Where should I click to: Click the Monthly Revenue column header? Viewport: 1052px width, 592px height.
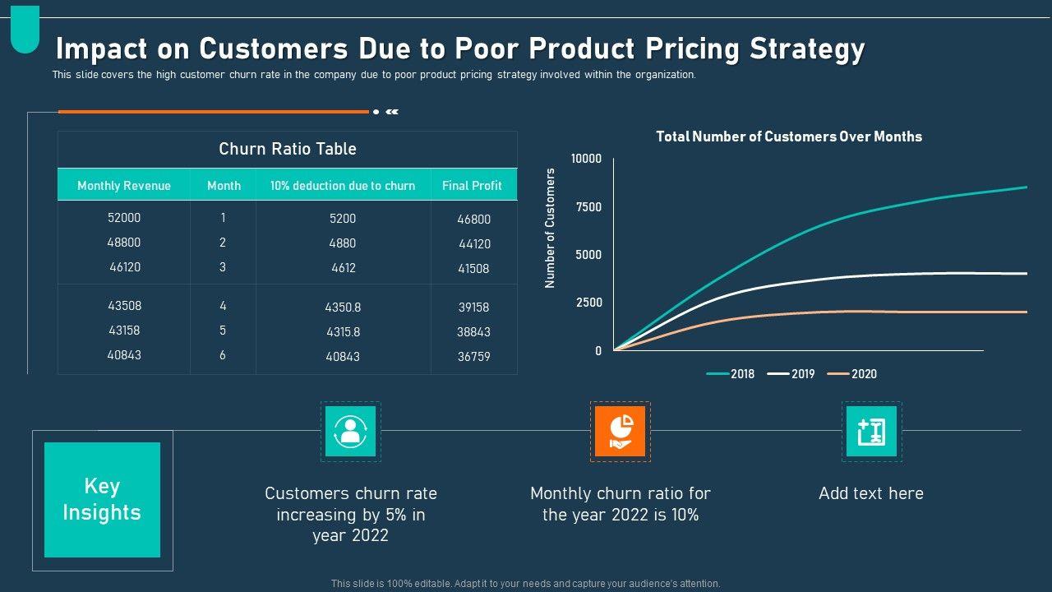pos(124,186)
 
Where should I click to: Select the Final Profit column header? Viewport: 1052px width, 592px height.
pos(472,186)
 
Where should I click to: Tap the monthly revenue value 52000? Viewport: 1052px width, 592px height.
pos(124,218)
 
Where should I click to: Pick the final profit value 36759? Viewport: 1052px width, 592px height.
pos(473,357)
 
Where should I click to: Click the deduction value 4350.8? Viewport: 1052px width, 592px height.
pos(343,308)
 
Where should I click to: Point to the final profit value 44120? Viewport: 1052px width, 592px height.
pos(473,244)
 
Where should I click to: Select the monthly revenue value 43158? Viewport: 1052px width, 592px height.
pos(124,331)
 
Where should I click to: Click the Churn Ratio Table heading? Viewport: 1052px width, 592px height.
pos(288,149)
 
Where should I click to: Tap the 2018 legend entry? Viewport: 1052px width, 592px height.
pos(731,374)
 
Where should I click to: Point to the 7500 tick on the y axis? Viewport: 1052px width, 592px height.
pos(588,207)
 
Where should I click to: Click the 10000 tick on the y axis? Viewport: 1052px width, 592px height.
pos(586,159)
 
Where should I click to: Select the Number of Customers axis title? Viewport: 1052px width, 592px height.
pos(551,228)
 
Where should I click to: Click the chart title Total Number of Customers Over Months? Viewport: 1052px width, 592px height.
pos(789,136)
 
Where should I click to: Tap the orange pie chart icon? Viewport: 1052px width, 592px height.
pos(620,431)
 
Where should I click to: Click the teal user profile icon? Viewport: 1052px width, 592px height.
pos(351,431)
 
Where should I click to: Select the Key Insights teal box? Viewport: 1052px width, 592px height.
pos(102,500)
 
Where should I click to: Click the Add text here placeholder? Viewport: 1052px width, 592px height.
pos(871,493)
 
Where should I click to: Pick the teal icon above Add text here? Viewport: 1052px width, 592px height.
pos(871,431)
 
